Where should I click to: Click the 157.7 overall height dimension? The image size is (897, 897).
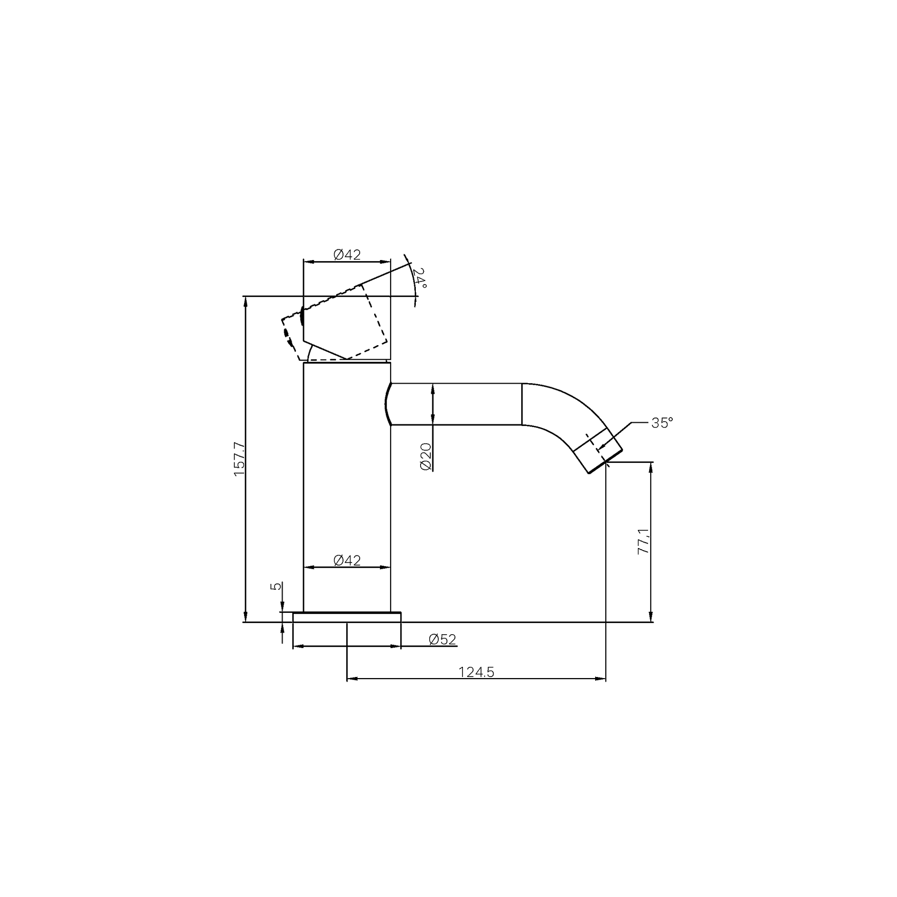239,459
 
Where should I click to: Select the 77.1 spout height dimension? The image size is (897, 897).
643,541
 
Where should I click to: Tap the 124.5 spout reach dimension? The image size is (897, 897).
476,672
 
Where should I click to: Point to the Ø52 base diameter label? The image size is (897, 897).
443,640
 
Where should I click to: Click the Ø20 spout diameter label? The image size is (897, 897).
426,457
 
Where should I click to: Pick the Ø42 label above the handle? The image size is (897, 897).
347,255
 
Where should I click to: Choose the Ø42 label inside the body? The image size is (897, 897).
347,560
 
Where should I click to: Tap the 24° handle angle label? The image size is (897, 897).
421,278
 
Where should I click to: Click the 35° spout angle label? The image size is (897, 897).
662,423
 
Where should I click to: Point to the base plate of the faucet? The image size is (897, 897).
347,617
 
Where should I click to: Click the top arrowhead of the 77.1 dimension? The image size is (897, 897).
651,466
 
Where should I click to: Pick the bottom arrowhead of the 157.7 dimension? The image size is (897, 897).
246,617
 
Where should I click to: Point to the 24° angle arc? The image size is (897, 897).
413,278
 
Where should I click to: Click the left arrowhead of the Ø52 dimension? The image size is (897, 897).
297,647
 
